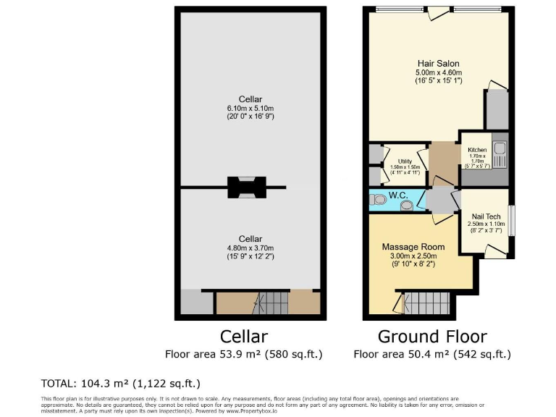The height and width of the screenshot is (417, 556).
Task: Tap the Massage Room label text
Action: tap(413, 247)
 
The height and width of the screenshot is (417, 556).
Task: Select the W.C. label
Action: tap(399, 195)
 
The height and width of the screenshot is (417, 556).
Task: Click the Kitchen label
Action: tap(477, 150)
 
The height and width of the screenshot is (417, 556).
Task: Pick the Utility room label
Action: tap(405, 161)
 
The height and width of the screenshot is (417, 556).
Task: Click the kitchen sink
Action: tap(500, 153)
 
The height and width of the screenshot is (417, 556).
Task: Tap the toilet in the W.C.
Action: tap(377, 200)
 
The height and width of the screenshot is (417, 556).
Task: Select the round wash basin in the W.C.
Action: tap(408, 206)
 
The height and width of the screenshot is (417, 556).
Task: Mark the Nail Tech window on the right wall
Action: tap(511, 221)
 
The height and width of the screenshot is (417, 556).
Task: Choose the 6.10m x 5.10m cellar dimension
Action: tap(250, 108)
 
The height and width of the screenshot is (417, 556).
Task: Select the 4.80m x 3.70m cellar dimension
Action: tap(250, 248)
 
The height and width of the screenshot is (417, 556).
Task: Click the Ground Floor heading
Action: tap(432, 337)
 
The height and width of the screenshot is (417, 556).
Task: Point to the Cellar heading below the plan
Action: tap(244, 337)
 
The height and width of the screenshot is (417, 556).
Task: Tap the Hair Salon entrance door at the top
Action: tap(437, 12)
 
